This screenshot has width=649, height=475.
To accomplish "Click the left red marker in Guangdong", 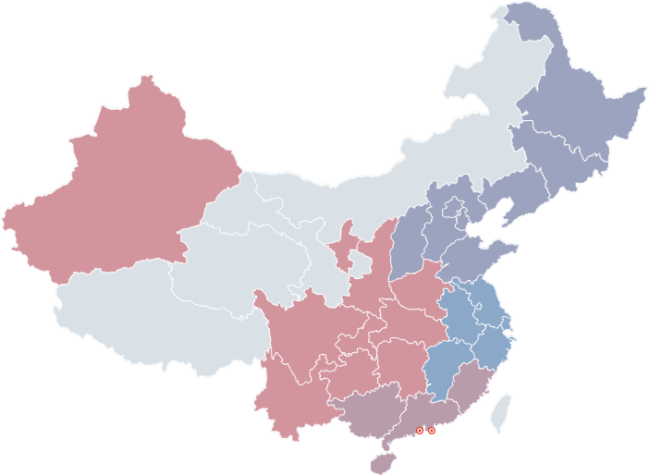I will (420, 431).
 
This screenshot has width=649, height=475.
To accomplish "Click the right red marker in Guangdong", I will (432, 431).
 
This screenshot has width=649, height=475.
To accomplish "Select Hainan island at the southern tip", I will (382, 461).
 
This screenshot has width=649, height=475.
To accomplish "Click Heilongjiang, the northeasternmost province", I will (582, 92).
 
